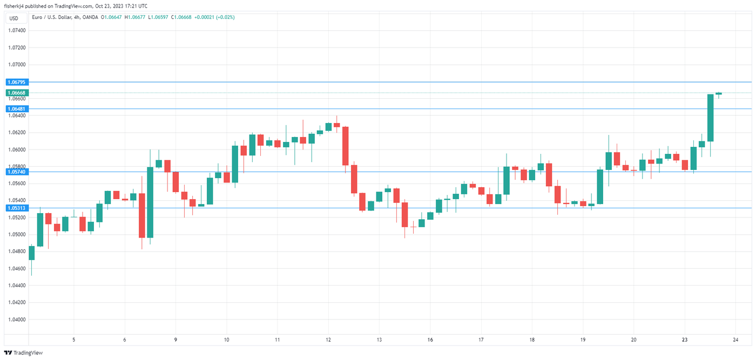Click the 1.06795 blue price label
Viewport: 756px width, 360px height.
[17, 82]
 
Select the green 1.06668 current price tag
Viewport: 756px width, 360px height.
[17, 93]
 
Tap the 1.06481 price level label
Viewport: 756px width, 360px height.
[17, 109]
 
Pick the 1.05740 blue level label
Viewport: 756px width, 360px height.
[17, 172]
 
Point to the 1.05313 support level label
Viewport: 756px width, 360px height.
[17, 208]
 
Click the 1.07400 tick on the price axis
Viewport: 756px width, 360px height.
[17, 31]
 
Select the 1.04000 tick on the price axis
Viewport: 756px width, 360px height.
[17, 320]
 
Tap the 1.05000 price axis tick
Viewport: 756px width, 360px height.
[17, 234]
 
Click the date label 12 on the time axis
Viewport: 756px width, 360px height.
[328, 339]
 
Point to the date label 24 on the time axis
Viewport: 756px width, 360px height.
[735, 339]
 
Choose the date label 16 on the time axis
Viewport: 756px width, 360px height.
[430, 339]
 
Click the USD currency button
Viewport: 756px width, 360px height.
[13, 18]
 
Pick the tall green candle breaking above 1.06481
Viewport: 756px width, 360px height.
[711, 118]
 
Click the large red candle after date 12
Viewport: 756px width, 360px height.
[345, 146]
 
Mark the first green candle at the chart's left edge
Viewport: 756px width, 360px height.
[31, 253]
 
